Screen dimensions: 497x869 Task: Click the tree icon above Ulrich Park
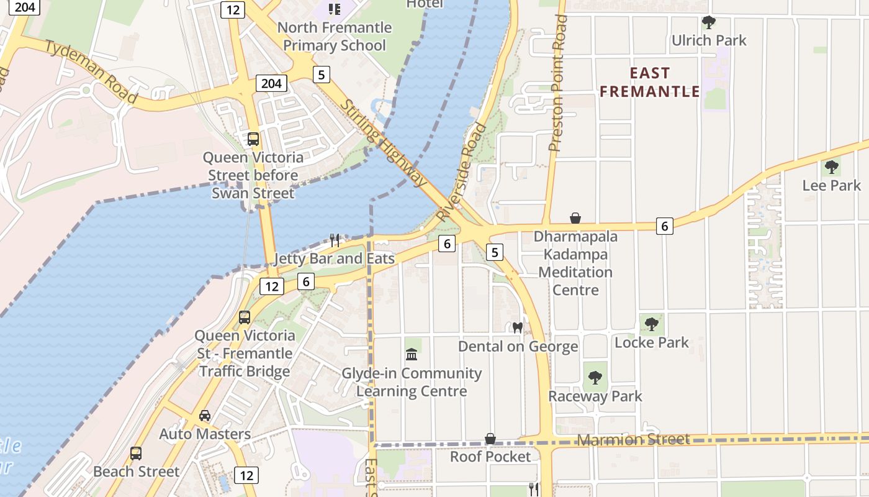click(708, 23)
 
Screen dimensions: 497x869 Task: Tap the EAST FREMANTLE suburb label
click(650, 82)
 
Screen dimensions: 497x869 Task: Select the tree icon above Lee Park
click(831, 167)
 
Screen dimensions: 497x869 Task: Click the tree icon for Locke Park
click(651, 324)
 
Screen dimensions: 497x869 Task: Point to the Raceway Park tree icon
click(595, 377)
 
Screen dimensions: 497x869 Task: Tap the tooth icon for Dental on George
click(518, 327)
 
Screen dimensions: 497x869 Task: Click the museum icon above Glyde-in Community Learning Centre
click(411, 355)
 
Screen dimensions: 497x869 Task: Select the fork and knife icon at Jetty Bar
click(335, 240)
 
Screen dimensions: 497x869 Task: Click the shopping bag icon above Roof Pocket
click(490, 439)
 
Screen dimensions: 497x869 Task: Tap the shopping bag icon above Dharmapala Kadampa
click(575, 218)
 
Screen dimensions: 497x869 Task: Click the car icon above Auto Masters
click(204, 416)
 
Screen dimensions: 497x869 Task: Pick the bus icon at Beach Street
click(136, 454)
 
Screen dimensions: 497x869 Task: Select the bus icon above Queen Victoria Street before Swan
click(253, 139)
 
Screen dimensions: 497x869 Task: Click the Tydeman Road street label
click(91, 71)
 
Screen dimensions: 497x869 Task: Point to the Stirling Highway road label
click(384, 143)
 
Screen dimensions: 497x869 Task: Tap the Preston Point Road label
click(558, 84)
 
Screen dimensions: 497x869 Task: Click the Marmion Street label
click(633, 440)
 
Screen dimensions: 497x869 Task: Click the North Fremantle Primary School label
click(334, 36)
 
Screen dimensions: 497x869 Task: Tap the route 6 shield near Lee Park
click(665, 226)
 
